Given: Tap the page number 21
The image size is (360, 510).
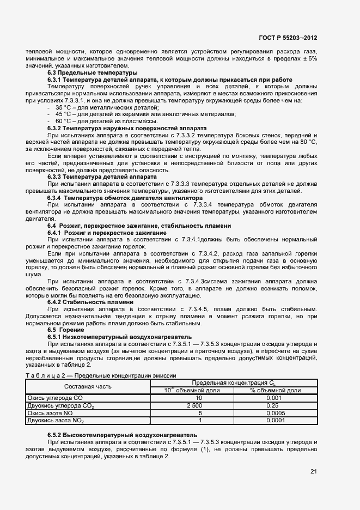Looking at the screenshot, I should [x=313, y=471].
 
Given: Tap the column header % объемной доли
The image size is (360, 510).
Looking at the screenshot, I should [x=275, y=391].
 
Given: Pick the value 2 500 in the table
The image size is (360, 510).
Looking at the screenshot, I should [x=194, y=406].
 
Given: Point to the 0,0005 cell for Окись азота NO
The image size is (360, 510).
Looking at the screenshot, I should [x=275, y=413].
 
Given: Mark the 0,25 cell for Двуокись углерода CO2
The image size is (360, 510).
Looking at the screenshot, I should [x=275, y=406].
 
